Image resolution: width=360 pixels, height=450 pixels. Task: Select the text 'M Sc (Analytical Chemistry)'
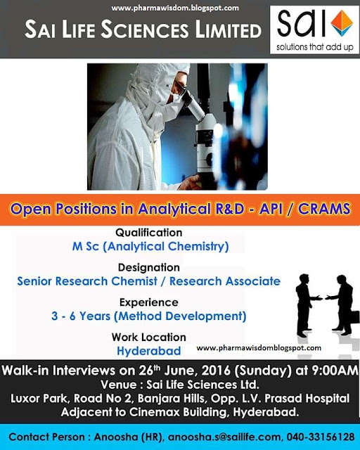149,246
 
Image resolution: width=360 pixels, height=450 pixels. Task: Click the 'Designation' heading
149,267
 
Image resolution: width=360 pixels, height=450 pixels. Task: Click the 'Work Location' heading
149,337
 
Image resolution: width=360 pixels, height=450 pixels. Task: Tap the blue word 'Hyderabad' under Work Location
149,351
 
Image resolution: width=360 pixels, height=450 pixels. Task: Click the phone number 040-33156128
321,436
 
